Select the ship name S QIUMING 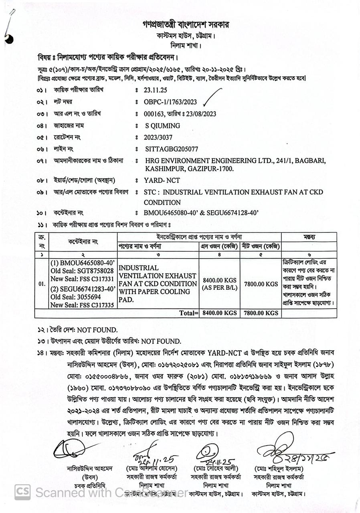pos(162,126)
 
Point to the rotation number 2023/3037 pos(159,137)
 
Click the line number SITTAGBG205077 pos(171,149)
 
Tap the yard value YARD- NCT pos(162,181)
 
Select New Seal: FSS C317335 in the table pos(82,305)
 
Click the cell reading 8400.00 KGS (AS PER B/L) pos(220,283)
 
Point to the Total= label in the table pos(188,313)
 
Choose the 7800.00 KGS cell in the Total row pos(260,313)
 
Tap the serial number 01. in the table pos(42,284)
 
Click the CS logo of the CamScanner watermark pos(23,491)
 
